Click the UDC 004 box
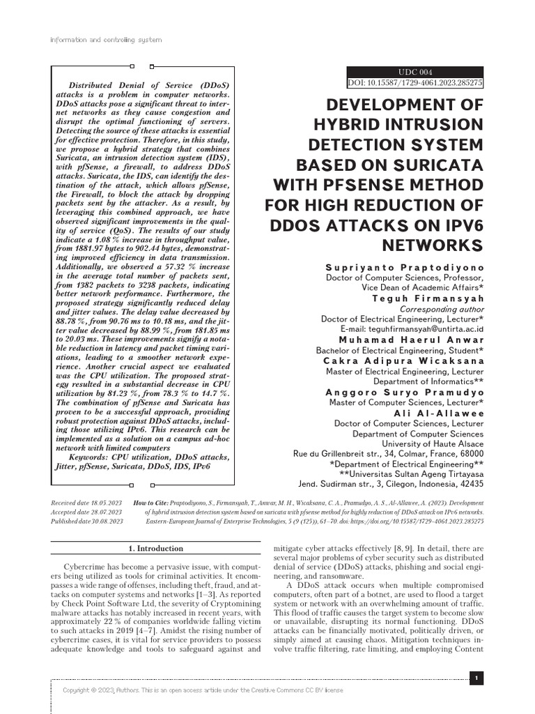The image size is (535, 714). coord(415,72)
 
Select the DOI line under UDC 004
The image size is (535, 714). coord(415,83)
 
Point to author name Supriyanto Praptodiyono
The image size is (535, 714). coord(404,267)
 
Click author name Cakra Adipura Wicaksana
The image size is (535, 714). coord(403,360)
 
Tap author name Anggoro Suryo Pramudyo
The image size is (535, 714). coord(405,392)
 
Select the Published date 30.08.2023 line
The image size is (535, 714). coord(87,520)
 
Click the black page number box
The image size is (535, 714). coord(476,678)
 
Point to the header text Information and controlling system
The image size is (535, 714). coord(106,40)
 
